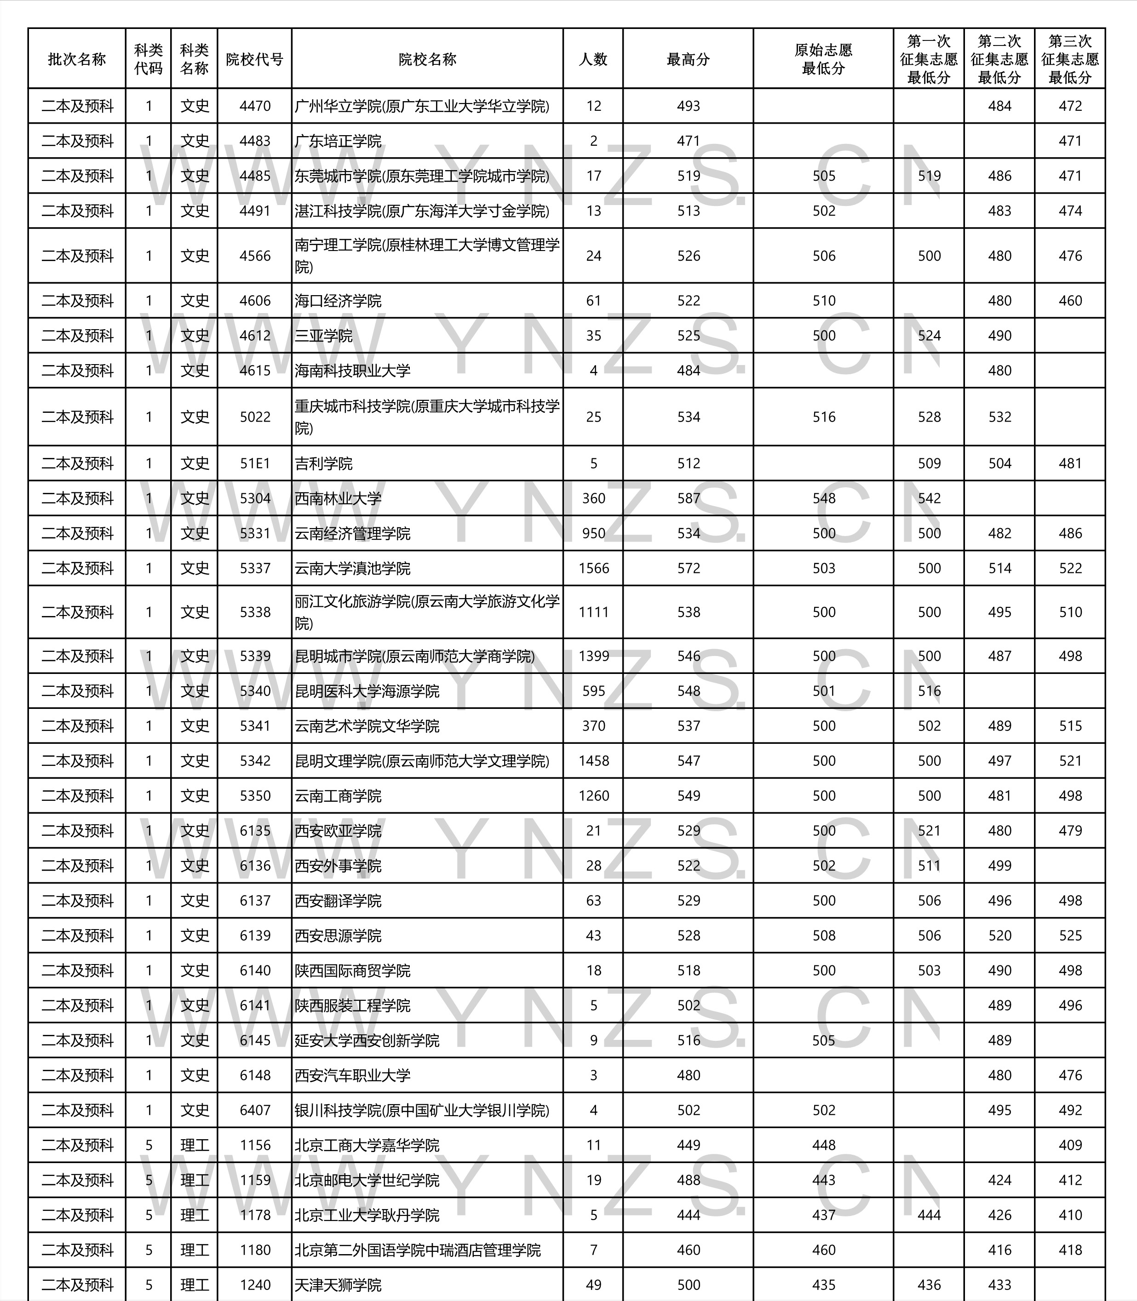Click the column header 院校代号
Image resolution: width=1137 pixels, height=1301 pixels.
[254, 59]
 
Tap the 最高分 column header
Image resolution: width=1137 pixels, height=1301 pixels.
[688, 59]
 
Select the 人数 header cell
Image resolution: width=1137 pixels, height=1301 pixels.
[593, 59]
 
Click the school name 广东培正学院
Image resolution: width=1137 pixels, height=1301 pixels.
[338, 141]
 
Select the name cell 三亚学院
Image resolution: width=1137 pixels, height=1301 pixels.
[324, 336]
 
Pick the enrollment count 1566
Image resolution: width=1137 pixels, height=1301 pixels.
[593, 568]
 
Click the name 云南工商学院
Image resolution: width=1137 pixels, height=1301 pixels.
[338, 796]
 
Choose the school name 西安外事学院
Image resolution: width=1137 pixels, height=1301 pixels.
[338, 866]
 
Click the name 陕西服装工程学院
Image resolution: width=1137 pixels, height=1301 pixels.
[353, 1005]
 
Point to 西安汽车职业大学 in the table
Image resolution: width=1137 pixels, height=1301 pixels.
[353, 1075]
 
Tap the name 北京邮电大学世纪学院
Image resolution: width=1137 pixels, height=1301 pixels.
[367, 1180]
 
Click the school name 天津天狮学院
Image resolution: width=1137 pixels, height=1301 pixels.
[338, 1284]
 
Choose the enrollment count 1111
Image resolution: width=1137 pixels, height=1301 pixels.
[593, 612]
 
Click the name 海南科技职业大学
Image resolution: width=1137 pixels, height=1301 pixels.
[353, 370]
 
